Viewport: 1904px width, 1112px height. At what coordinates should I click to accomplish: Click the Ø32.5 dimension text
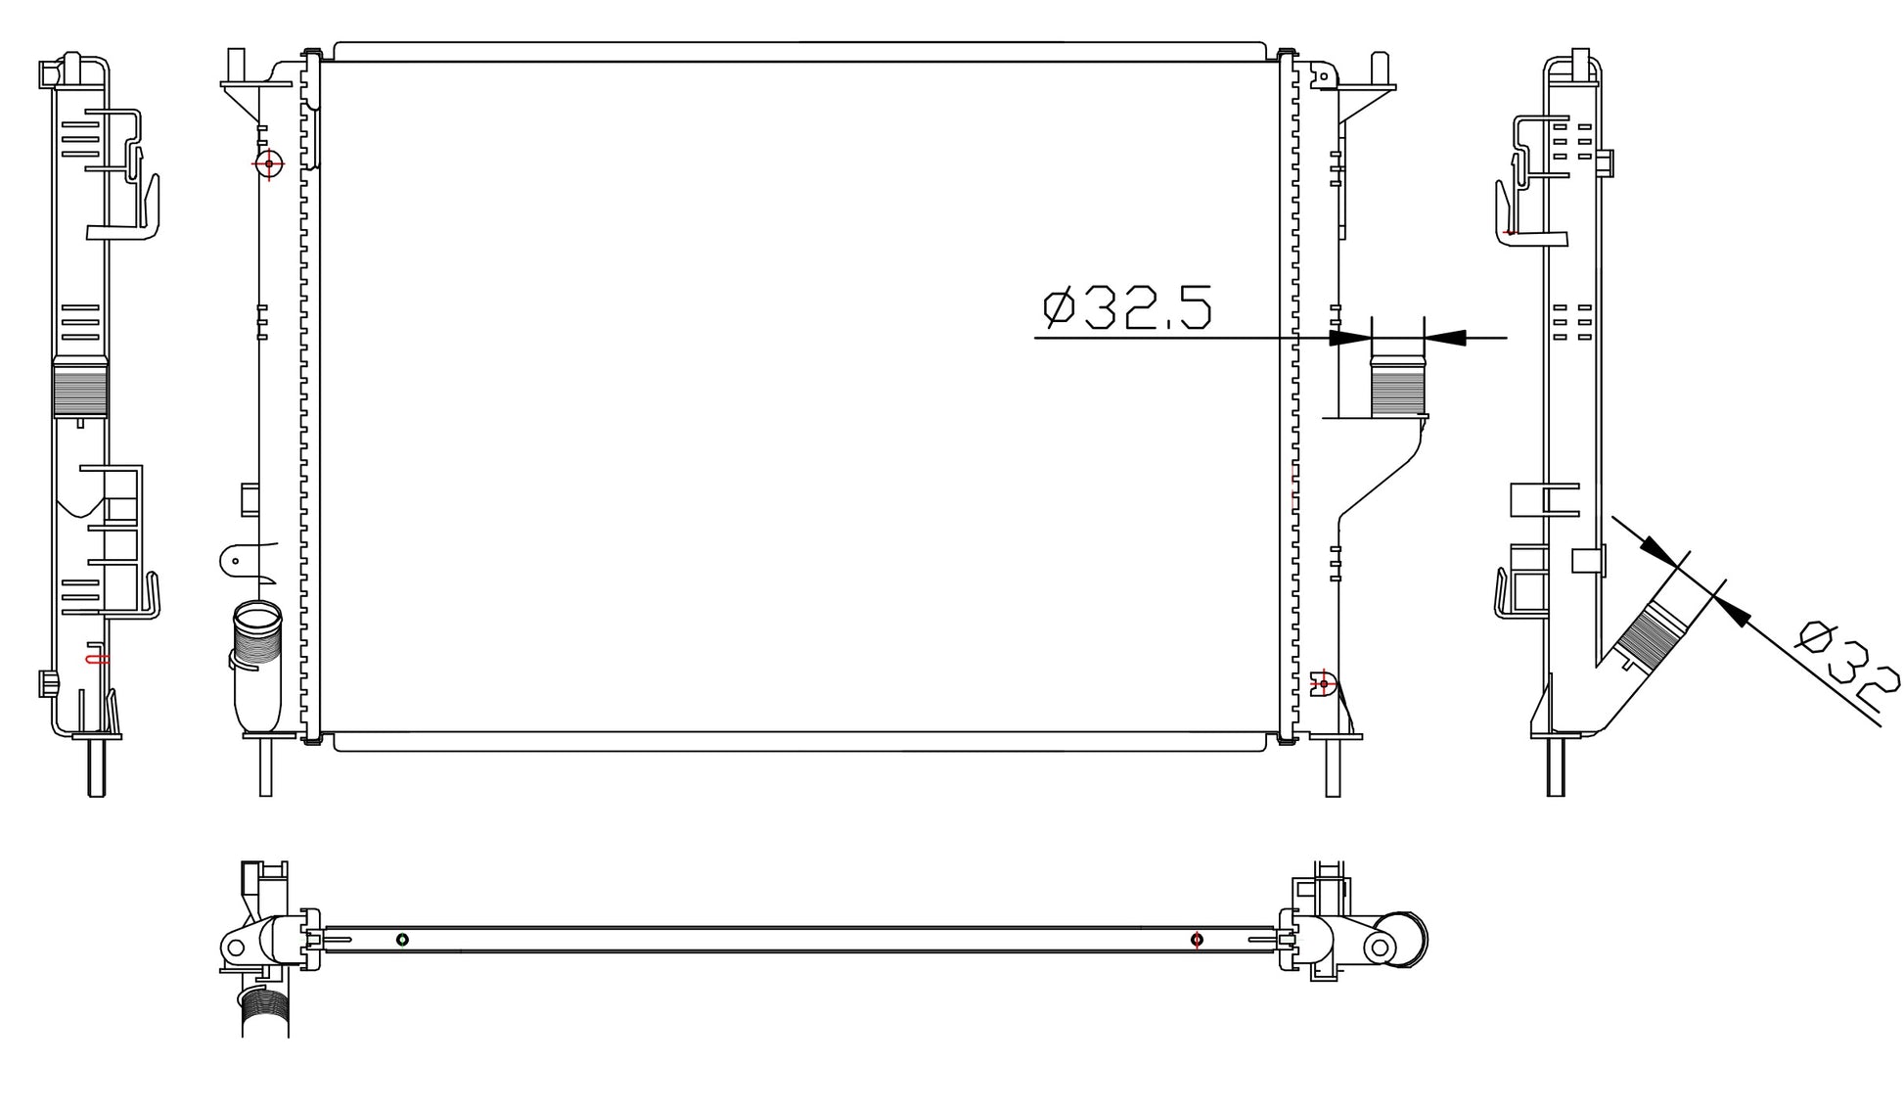click(x=1127, y=307)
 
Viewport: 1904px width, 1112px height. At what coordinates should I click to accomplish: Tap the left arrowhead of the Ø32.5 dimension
click(x=1350, y=338)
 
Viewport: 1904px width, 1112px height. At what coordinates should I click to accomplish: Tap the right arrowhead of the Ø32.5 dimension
click(x=1445, y=338)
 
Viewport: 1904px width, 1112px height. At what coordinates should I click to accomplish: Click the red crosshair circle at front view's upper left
click(x=269, y=163)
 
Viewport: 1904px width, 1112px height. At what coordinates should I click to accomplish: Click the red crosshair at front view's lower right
click(x=1324, y=682)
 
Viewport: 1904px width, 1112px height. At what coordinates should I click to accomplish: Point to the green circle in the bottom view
click(x=402, y=940)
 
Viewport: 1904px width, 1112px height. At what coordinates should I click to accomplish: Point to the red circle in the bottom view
click(x=1197, y=940)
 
